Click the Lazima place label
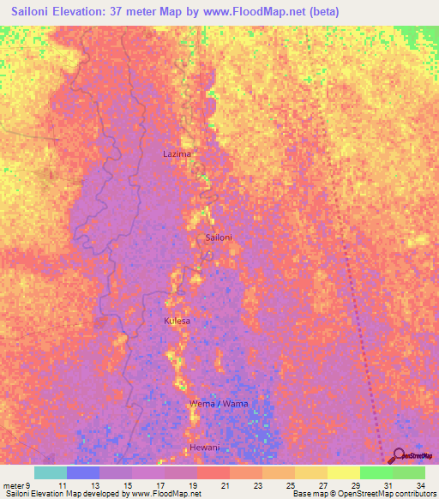pos(177,154)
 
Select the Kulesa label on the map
pos(177,321)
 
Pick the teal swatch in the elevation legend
pos(51,472)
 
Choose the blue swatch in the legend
pos(83,472)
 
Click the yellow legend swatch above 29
pos(344,472)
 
